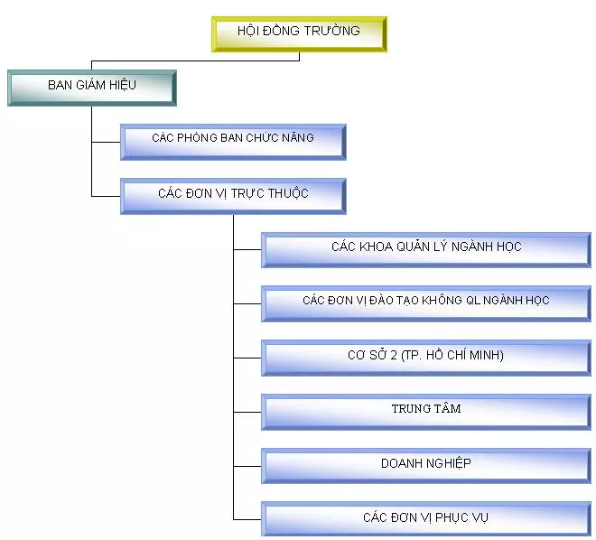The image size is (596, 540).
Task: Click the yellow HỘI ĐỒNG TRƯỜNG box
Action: pyautogui.click(x=299, y=33)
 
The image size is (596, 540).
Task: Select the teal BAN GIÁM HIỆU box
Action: pyautogui.click(x=91, y=87)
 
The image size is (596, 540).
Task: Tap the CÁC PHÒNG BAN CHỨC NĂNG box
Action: pyautogui.click(x=233, y=140)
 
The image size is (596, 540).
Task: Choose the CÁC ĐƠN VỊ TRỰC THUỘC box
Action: pyautogui.click(x=233, y=195)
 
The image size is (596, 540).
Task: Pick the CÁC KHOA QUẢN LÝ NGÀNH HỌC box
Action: pyautogui.click(x=426, y=248)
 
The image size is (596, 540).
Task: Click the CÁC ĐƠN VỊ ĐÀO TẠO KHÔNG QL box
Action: pyautogui.click(x=426, y=302)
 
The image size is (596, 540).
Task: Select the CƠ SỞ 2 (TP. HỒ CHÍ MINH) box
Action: pyautogui.click(x=426, y=357)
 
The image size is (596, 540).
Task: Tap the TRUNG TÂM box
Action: pyautogui.click(x=426, y=410)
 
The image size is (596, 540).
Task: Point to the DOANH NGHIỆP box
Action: pyautogui.click(x=426, y=465)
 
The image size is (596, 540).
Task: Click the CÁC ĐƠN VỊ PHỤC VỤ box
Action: pyautogui.click(x=426, y=519)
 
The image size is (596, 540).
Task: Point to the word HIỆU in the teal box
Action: pyautogui.click(x=118, y=86)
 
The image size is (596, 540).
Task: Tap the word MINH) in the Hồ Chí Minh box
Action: pyautogui.click(x=485, y=356)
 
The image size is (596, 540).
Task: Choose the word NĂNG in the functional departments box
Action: pyautogui.click(x=297, y=138)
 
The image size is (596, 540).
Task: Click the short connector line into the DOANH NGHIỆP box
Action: pyautogui.click(x=247, y=466)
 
